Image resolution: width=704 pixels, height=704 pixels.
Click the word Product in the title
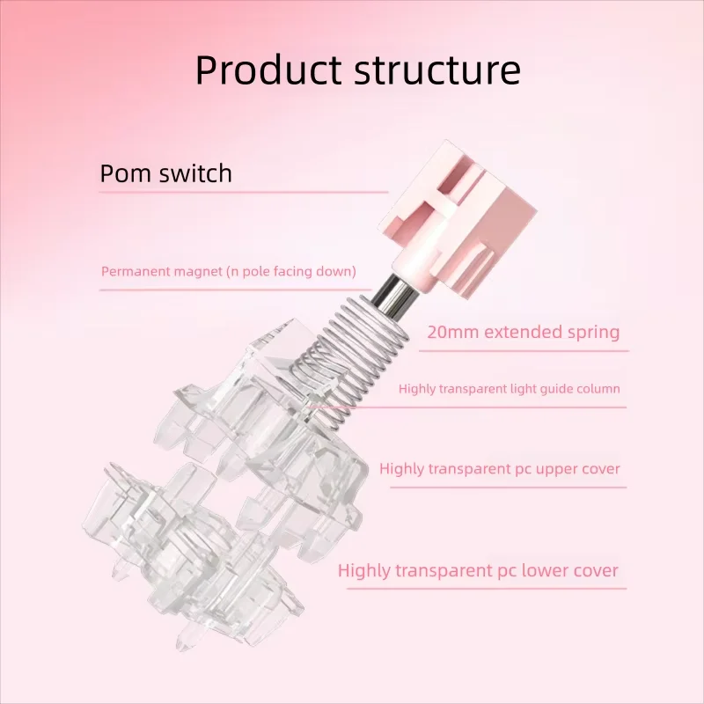point(267,70)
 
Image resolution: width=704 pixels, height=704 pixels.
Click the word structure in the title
point(436,70)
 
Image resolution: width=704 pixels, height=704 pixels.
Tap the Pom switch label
point(166,172)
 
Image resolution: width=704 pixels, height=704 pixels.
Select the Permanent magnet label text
point(229,271)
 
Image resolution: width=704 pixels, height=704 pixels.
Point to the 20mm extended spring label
point(523,333)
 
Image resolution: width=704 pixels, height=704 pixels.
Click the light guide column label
point(509,388)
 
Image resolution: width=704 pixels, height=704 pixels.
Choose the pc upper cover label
point(500,469)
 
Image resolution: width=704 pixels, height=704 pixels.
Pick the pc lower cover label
point(478,570)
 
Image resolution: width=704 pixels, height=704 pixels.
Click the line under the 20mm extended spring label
point(523,350)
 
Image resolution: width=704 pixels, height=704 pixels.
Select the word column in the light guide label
point(598,388)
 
